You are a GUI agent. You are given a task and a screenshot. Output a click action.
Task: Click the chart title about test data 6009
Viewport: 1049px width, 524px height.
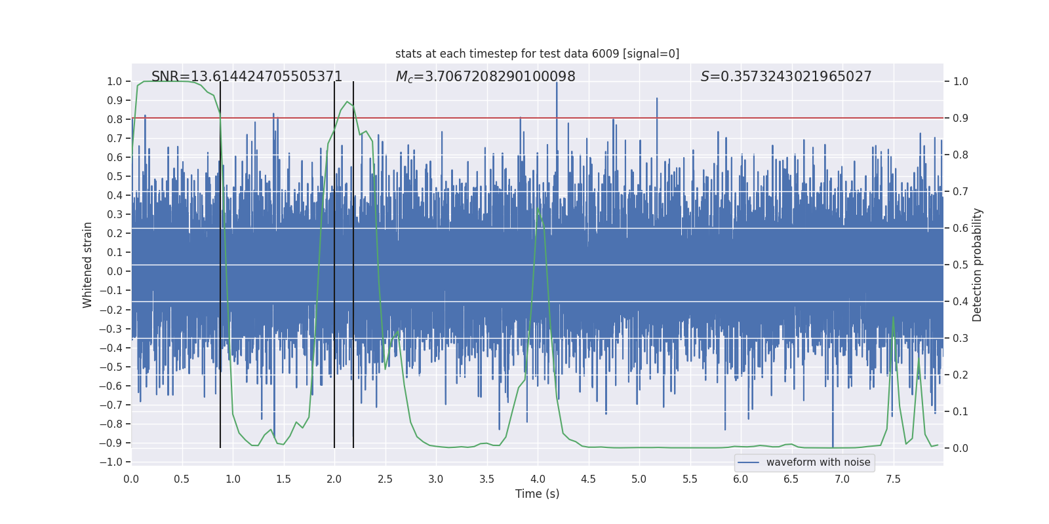(537, 54)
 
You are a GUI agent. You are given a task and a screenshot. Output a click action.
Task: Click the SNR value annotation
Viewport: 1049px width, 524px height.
(247, 77)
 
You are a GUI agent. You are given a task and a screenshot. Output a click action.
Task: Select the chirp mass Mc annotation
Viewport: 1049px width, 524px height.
(485, 77)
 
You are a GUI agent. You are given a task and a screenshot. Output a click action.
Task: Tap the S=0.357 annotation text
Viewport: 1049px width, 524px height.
(786, 77)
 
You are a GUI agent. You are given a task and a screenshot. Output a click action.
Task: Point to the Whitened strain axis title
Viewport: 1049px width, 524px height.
(88, 265)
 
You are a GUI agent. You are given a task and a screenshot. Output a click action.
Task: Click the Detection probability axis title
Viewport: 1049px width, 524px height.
(978, 265)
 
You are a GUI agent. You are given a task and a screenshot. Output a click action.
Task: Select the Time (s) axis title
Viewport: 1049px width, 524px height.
(537, 494)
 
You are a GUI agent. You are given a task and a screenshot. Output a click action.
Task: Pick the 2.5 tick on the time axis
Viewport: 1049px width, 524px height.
(385, 479)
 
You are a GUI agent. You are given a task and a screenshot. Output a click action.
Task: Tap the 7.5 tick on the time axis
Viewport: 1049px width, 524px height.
(893, 479)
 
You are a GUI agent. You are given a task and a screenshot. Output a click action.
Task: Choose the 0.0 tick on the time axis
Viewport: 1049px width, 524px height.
(131, 479)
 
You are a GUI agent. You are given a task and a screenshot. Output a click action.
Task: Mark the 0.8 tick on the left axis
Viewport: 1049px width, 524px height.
(115, 119)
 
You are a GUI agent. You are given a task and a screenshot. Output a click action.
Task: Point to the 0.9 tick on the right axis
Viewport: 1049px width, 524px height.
(960, 119)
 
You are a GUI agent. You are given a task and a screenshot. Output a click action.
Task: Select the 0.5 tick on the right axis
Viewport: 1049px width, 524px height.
(960, 265)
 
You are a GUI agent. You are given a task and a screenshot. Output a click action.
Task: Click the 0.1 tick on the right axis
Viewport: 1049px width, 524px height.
(960, 412)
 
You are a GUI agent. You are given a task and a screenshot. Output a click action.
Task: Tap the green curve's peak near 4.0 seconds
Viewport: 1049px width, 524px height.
(538, 208)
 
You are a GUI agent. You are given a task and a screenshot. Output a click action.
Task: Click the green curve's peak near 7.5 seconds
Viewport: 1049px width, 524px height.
(893, 317)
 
